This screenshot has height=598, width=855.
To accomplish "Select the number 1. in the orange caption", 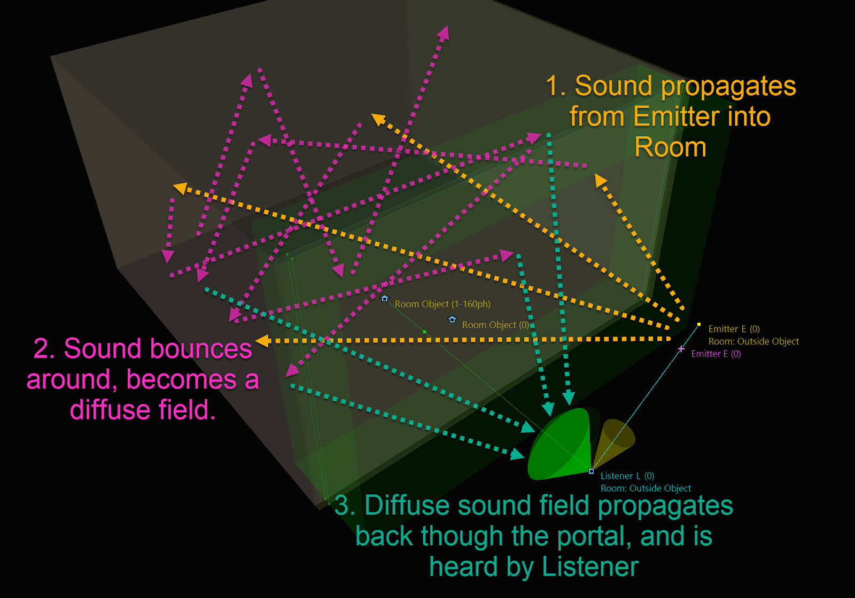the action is click(556, 86).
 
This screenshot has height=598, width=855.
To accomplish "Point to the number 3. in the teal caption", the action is click(345, 506).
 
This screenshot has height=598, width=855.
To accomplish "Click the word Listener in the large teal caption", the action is click(590, 567).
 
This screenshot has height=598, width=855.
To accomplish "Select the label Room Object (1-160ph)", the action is click(442, 304).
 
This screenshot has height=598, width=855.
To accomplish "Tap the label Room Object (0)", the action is click(495, 325).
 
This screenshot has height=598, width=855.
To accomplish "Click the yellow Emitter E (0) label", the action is click(734, 329).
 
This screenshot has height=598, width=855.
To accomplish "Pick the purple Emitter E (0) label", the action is click(716, 354).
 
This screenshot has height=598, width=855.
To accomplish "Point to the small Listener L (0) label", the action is click(627, 476).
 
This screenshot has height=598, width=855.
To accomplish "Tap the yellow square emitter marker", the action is click(699, 324).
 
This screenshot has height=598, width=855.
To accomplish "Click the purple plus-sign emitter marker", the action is click(681, 349).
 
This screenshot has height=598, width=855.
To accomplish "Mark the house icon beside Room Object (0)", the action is click(453, 320).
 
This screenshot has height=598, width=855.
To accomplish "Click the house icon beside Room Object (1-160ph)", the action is click(384, 298).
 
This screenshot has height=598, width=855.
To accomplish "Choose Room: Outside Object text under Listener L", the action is click(646, 488).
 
